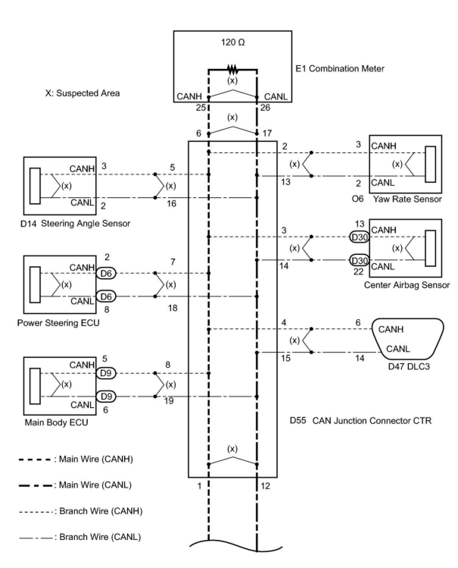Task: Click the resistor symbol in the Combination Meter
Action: point(232,70)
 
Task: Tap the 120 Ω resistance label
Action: point(233,42)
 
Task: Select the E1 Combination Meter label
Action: point(340,69)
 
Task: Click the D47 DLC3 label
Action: point(409,366)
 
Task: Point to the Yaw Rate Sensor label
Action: point(407,199)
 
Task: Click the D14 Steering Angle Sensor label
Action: point(75,223)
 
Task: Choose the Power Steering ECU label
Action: point(58,323)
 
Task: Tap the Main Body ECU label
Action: point(56,422)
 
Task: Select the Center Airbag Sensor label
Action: point(407,285)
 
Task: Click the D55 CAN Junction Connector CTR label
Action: point(360,421)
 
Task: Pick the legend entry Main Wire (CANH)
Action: point(76,459)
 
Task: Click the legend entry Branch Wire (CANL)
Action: point(80,537)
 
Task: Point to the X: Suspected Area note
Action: point(83,93)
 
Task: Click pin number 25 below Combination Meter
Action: point(201,107)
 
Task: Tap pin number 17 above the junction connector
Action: point(267,133)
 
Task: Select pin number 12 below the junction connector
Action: point(265,486)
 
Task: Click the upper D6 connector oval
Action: point(106,273)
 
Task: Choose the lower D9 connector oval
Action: point(106,397)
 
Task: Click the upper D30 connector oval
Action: point(359,237)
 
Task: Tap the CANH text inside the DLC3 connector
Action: point(391,330)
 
